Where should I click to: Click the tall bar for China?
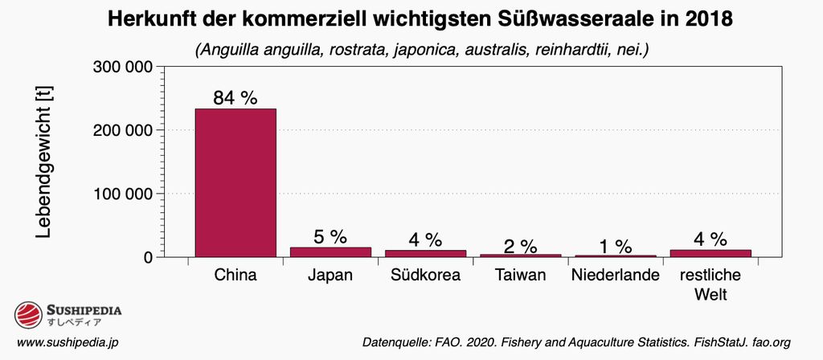click(235, 182)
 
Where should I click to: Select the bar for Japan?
click(330, 252)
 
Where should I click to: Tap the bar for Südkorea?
click(425, 253)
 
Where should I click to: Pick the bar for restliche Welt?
click(710, 253)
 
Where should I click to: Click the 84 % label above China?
click(235, 98)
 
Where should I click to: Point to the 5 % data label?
click(330, 236)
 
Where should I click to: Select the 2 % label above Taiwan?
click(520, 244)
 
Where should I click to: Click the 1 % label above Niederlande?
click(615, 246)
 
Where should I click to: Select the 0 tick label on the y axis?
click(148, 257)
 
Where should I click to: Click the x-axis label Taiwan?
click(520, 276)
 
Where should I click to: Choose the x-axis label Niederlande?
click(615, 276)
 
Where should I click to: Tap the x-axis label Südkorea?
click(425, 276)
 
